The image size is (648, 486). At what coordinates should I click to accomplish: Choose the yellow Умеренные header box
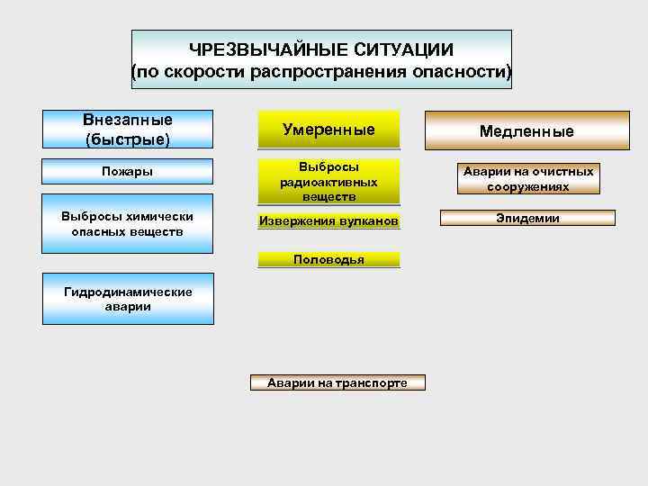coord(328,130)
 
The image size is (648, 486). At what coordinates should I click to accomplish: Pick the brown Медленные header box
coord(526,131)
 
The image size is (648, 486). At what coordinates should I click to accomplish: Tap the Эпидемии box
coord(526,218)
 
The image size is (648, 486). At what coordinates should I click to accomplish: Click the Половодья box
coord(328,260)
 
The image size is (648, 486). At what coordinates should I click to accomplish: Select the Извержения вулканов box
coord(328,221)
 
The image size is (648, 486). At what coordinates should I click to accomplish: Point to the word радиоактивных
coord(328,182)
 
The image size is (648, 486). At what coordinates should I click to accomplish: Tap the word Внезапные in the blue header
coord(127,121)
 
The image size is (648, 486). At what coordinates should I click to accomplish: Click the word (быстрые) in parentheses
coord(127,139)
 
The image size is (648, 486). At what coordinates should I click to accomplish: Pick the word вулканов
coord(366,221)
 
